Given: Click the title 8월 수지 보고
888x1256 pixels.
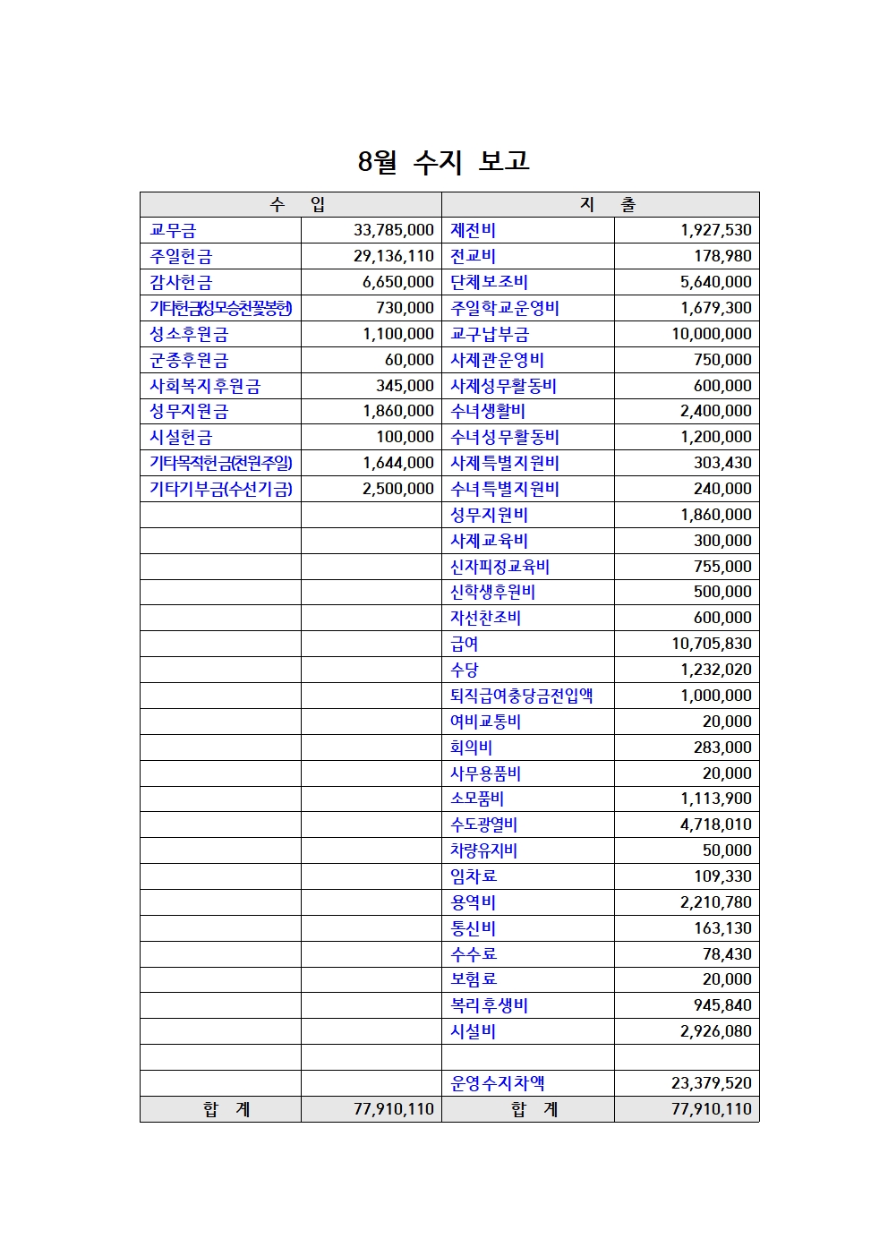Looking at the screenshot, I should tap(443, 161).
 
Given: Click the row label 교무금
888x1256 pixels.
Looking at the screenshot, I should tap(174, 231).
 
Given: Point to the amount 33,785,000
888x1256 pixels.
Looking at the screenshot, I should tap(393, 231).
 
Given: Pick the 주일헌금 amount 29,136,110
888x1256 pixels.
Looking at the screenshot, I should tap(393, 257).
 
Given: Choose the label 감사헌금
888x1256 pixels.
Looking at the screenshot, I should tap(181, 283).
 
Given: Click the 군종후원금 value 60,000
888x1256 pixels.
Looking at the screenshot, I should tap(409, 360).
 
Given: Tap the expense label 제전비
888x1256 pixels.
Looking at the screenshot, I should tap(473, 231).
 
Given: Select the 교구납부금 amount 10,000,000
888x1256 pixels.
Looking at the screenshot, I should tap(712, 334).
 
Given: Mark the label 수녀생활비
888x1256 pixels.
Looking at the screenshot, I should tap(488, 412).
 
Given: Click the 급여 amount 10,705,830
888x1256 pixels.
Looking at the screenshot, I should tap(712, 644).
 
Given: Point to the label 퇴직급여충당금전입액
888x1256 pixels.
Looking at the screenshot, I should tap(521, 696).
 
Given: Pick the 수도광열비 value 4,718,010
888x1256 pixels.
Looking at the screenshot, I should tap(715, 825).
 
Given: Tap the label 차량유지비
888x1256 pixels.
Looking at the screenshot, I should tap(483, 850).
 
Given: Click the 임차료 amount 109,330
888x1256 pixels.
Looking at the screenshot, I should tap(722, 876).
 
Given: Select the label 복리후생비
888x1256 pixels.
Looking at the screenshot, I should tap(489, 1005).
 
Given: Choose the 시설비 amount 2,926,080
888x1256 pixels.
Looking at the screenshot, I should tap(715, 1031).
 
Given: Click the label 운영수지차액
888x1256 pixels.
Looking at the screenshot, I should tap(497, 1083).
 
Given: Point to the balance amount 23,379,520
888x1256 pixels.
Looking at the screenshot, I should tap(712, 1083).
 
